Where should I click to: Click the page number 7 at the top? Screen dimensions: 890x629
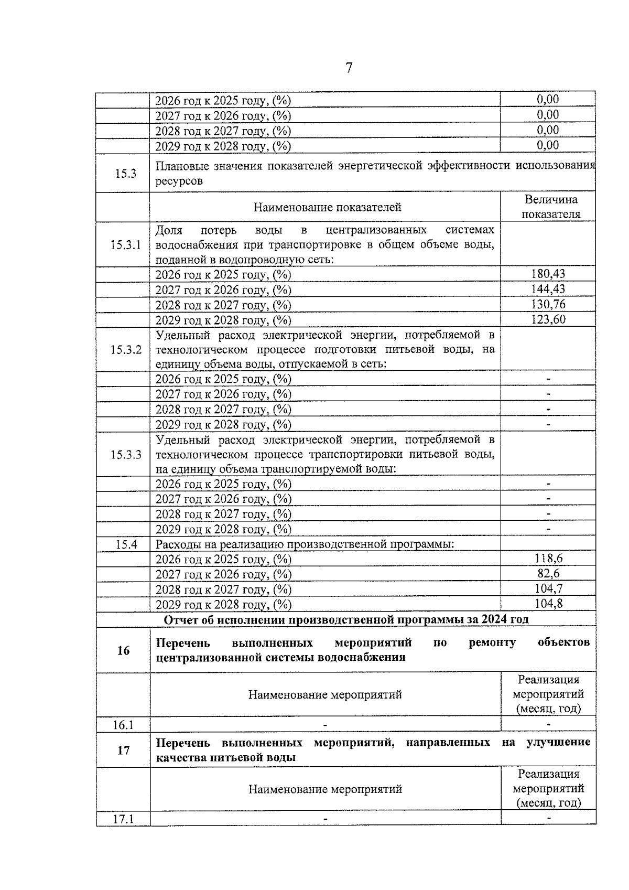click(x=349, y=68)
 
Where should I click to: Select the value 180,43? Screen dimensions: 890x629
click(x=548, y=274)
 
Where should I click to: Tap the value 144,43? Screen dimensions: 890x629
click(x=548, y=289)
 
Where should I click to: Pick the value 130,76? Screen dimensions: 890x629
click(x=548, y=304)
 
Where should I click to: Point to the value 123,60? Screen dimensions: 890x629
click(x=548, y=319)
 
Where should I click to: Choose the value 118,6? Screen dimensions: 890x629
click(x=548, y=559)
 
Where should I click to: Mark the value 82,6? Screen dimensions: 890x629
click(x=548, y=574)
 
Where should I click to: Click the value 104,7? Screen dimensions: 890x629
click(x=548, y=588)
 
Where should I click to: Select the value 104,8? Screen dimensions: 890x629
click(x=548, y=604)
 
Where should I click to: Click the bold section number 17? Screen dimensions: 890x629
click(x=123, y=750)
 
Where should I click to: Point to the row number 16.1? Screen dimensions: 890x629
click(x=123, y=725)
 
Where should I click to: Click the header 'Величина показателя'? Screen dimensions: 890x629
click(x=551, y=207)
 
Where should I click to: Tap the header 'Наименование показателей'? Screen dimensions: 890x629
click(x=327, y=207)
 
